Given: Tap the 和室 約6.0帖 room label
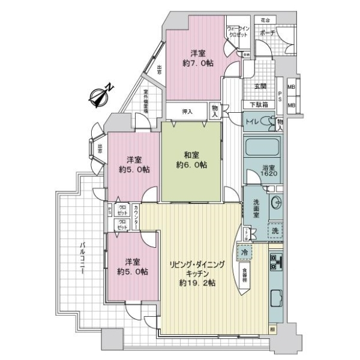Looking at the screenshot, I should coord(191,160).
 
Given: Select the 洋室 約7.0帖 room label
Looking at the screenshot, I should coord(196,58).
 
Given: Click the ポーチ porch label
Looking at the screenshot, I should coord(268,34).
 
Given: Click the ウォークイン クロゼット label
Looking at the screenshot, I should coord(238,32).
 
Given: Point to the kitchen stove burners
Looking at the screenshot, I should coord(278,262).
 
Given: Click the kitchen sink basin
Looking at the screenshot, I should coord(277,299).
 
